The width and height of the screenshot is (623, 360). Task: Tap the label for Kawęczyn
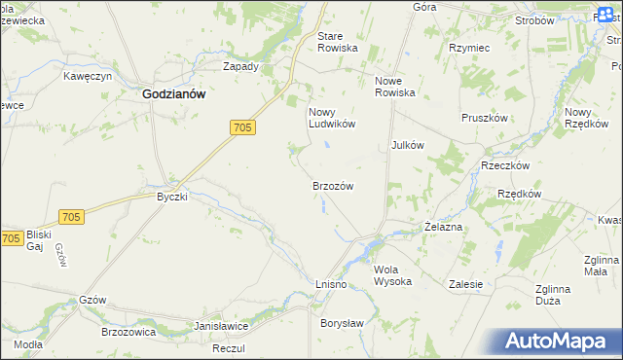click(89, 75)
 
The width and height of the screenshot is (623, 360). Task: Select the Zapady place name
click(240, 67)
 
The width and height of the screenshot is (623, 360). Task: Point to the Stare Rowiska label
click(338, 42)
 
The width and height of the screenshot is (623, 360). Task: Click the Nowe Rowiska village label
click(395, 87)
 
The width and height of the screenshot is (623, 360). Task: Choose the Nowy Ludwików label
click(332, 118)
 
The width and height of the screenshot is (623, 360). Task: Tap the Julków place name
click(408, 145)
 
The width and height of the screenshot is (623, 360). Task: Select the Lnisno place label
click(331, 282)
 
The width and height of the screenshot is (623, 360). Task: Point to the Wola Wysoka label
click(392, 275)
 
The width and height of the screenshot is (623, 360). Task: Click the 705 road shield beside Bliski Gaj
click(12, 238)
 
